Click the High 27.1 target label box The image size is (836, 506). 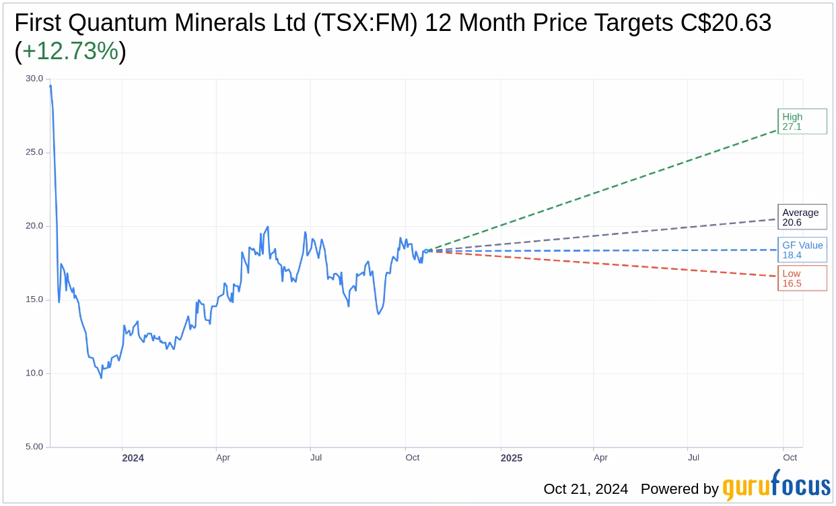point(802,121)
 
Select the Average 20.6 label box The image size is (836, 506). point(802,217)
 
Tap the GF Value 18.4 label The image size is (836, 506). point(802,250)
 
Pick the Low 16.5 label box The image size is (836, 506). point(802,278)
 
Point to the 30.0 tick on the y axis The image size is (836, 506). point(34,79)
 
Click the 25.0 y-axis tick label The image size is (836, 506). point(34,152)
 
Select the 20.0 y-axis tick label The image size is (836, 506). point(34,226)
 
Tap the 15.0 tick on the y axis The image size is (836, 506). point(34,299)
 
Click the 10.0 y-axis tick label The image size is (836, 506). point(34,373)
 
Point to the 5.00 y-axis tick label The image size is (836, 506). point(34,447)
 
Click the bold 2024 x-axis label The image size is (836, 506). point(133,458)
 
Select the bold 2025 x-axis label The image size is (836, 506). point(511,458)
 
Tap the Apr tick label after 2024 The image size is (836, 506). point(223,458)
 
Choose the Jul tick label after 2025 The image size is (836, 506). point(693,458)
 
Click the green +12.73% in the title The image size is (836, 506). point(71,51)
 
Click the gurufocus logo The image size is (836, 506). point(776,487)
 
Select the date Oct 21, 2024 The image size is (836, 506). point(586,489)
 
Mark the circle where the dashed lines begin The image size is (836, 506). point(425,251)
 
